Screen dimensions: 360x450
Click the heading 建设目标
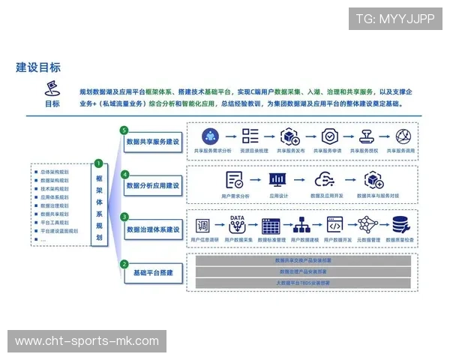(38, 67)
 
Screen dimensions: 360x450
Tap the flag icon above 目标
(52, 88)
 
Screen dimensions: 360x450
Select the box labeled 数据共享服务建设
(153, 141)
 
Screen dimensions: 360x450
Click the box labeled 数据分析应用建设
(153, 184)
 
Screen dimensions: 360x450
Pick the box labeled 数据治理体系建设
(153, 228)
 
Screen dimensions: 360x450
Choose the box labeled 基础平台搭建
(153, 273)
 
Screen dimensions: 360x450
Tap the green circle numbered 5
(125, 130)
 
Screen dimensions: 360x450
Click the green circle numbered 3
(125, 217)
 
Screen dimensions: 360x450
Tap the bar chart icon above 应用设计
(278, 180)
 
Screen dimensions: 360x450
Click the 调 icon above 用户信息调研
(202, 225)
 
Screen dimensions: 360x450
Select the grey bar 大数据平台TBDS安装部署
(303, 283)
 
